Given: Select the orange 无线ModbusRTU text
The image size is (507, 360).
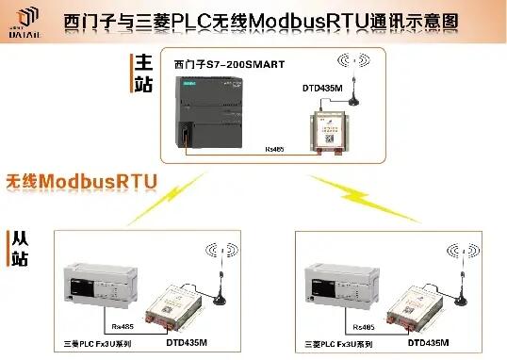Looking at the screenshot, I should [x=82, y=179].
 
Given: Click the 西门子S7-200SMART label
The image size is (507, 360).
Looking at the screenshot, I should [x=230, y=65].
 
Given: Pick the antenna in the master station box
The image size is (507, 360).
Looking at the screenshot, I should [x=356, y=83].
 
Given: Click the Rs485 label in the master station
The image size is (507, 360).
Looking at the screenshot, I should [x=274, y=148].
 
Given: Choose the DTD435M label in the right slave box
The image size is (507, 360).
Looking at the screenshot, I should [x=428, y=342].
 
